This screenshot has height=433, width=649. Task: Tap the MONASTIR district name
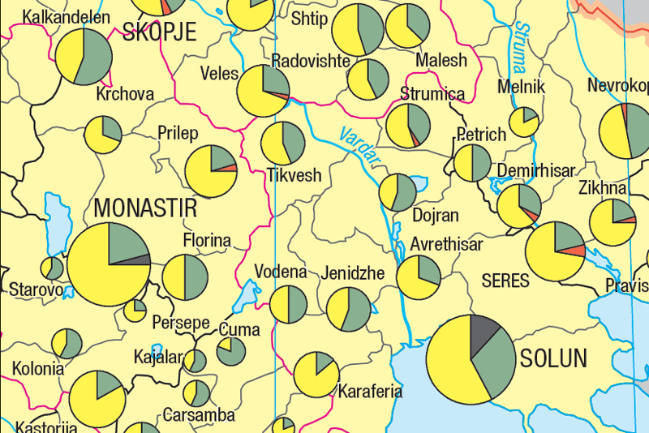point(145,208)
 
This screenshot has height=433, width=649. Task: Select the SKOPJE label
point(160,32)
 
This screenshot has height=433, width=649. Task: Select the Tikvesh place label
point(294,175)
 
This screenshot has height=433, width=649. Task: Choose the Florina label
point(207,241)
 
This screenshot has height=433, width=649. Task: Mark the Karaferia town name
point(370,391)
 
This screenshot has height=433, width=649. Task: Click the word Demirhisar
point(536,171)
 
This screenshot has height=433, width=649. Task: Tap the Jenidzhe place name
point(353,273)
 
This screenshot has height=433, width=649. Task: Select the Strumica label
point(432,94)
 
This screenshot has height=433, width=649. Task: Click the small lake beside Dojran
point(419,182)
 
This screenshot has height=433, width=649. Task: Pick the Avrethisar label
point(446,244)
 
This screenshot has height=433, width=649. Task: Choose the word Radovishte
point(310,62)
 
